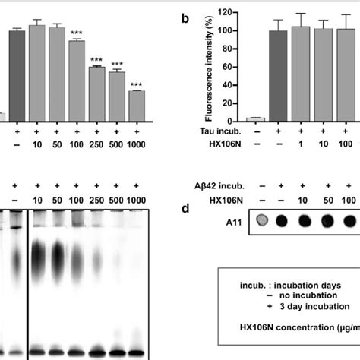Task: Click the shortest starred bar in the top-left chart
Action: pyautogui.click(x=137, y=106)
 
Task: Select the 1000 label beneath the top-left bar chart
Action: pyautogui.click(x=137, y=142)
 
